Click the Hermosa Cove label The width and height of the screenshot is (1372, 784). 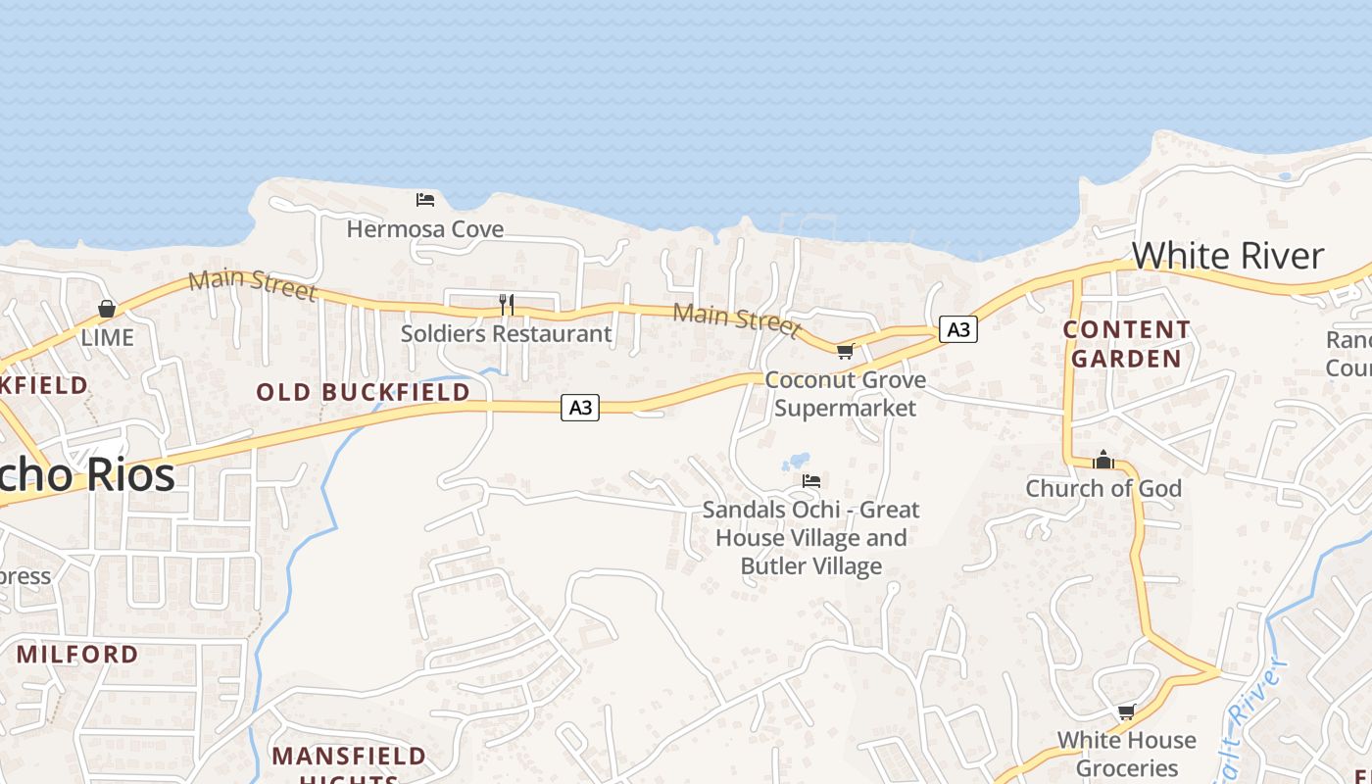point(425,229)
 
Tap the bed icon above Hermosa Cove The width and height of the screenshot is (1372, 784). point(425,200)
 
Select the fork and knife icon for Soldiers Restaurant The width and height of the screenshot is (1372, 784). point(507,305)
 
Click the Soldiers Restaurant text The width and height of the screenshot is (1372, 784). point(506,333)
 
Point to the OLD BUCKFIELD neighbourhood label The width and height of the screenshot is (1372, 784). point(363,392)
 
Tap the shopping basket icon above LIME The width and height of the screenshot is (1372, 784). point(107,309)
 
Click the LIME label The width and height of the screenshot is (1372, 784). point(107,337)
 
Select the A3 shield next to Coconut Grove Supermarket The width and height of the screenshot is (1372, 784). point(958,329)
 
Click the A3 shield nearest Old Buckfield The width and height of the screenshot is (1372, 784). point(580,407)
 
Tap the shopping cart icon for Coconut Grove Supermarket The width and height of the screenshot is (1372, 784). point(845,351)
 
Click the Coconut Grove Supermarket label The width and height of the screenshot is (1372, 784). point(845,393)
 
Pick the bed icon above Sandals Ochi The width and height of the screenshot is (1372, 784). point(811,481)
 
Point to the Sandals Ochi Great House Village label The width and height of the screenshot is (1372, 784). point(811,537)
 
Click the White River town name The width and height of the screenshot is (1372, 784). point(1227,256)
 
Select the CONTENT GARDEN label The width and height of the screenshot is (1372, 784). point(1126,344)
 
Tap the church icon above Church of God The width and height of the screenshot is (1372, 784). point(1103,460)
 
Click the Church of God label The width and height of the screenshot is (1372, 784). point(1103,488)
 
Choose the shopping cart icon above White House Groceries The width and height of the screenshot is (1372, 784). point(1126,711)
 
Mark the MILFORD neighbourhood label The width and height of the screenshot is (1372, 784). point(77,654)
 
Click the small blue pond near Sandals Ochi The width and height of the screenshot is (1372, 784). point(797,461)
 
